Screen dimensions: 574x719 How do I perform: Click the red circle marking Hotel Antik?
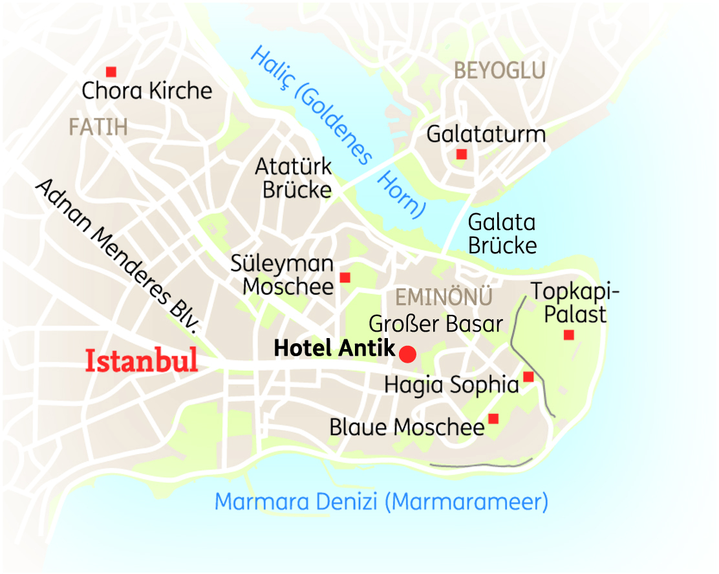click(407, 354)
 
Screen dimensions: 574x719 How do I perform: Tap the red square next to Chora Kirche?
click(111, 72)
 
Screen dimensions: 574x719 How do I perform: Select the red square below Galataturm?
click(461, 154)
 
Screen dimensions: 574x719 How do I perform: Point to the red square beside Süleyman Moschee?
click(345, 277)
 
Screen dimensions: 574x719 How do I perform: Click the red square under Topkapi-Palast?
click(568, 335)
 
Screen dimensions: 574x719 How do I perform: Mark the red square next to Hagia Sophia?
click(528, 377)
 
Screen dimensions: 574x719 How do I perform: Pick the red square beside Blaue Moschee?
click(493, 419)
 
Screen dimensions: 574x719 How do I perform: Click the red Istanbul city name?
click(142, 361)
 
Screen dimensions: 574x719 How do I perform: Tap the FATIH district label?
click(98, 127)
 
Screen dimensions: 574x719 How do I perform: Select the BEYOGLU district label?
click(500, 70)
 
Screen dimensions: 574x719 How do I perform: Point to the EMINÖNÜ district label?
click(444, 298)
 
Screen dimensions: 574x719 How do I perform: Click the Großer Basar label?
click(436, 323)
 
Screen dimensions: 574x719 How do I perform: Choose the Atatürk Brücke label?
click(294, 178)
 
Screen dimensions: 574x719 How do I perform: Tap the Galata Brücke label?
click(502, 234)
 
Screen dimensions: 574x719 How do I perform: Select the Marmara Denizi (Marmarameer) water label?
click(381, 502)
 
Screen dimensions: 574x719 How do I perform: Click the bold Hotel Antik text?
click(334, 348)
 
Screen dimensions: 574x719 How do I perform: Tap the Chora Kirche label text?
click(147, 90)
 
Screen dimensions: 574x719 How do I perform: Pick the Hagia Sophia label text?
click(451, 385)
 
